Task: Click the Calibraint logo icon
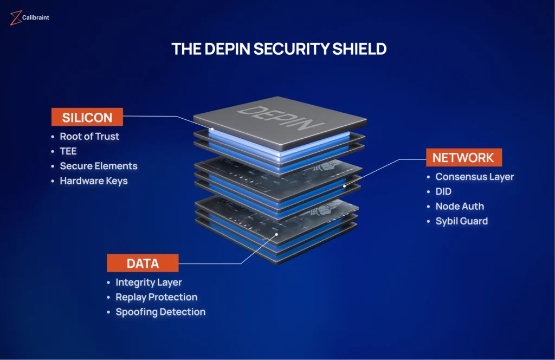15,18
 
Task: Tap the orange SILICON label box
87,117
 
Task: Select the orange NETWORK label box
463,157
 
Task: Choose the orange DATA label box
143,263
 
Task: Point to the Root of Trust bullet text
89,137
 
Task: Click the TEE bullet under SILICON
68,151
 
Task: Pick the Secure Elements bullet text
99,166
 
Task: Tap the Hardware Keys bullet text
94,181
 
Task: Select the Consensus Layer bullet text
475,177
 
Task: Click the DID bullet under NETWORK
443,191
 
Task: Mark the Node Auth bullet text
460,206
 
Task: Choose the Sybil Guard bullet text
462,221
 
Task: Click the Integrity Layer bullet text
149,282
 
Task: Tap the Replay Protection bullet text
156,297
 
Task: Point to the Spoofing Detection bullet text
160,312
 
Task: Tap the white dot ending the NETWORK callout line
344,186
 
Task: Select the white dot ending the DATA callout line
277,235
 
